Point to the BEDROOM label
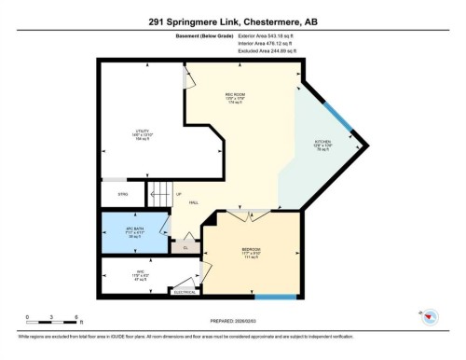pos(251,249)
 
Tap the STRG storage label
pos(122,195)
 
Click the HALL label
pos(193,202)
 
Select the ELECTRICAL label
pos(185,293)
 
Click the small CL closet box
pos(185,247)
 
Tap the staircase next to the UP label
pos(159,194)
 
